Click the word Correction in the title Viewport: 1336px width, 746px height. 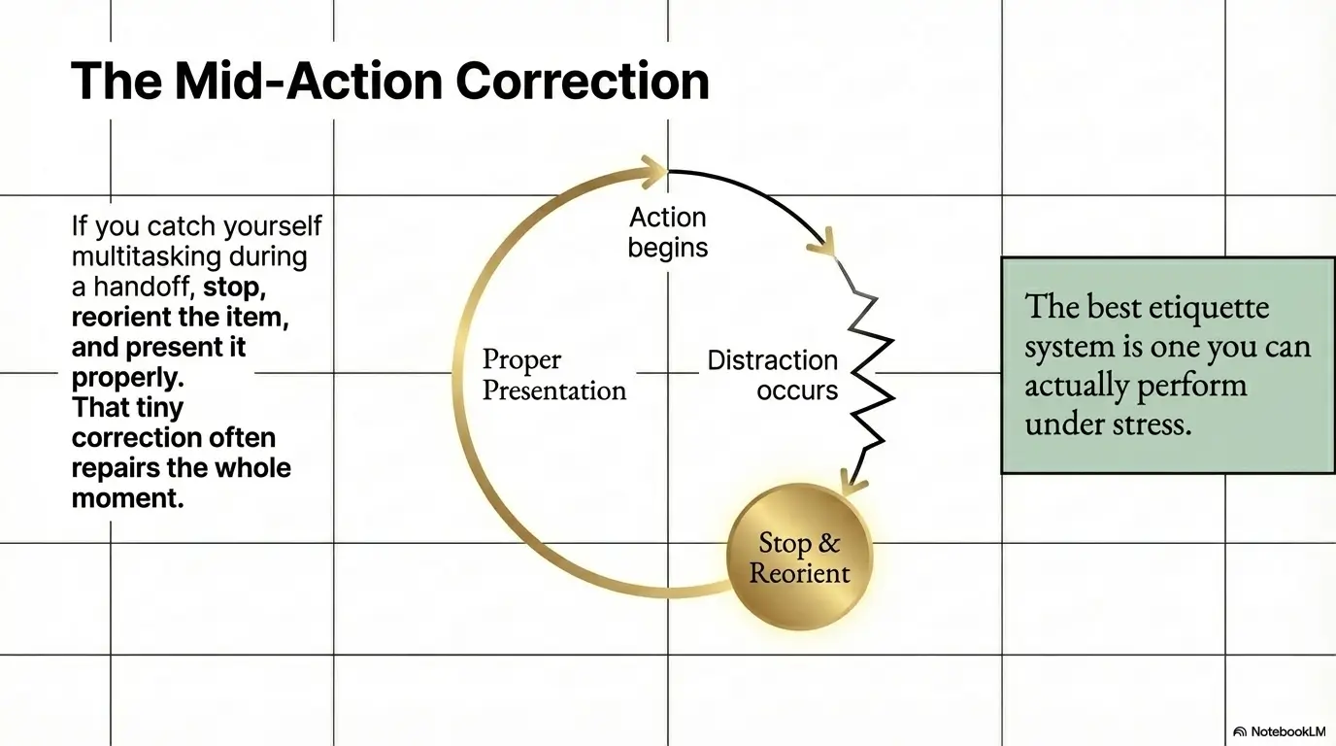pyautogui.click(x=583, y=82)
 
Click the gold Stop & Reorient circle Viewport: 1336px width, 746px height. pyautogui.click(x=800, y=558)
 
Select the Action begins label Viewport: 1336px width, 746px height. pyautogui.click(x=668, y=232)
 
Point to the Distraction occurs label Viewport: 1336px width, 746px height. pyautogui.click(x=772, y=375)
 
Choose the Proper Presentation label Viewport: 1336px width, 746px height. pyautogui.click(x=554, y=375)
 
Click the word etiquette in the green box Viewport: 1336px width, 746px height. pyautogui.click(x=1208, y=308)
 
